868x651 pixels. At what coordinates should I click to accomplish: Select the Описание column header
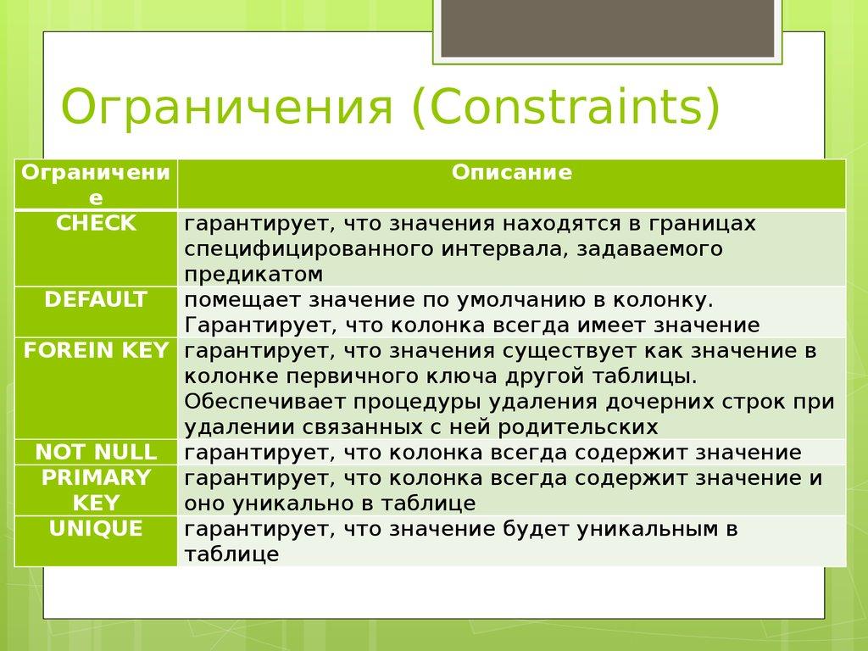tap(511, 173)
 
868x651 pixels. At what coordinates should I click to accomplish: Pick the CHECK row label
tap(96, 224)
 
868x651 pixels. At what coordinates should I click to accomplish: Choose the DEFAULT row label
tap(96, 300)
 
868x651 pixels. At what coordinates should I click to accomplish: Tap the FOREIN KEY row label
tap(96, 351)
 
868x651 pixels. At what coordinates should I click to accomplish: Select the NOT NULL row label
tap(96, 452)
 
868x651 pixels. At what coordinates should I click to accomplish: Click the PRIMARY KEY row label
tap(96, 490)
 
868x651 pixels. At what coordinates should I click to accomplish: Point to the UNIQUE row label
tap(96, 529)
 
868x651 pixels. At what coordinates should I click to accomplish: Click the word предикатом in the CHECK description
tap(254, 275)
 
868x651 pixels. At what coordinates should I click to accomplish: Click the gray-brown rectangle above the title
tap(608, 29)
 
